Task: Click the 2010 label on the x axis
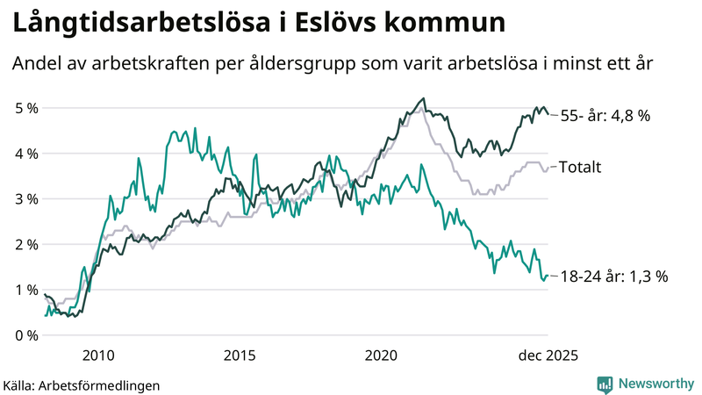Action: pyautogui.click(x=97, y=355)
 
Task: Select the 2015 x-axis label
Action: pyautogui.click(x=240, y=355)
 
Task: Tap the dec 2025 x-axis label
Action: pyautogui.click(x=548, y=355)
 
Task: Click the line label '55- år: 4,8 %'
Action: pyautogui.click(x=605, y=116)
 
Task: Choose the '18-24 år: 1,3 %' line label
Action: pyautogui.click(x=613, y=276)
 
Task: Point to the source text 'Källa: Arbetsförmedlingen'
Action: pyautogui.click(x=82, y=384)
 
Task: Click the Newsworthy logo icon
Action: pyautogui.click(x=605, y=384)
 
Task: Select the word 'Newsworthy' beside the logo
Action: pyautogui.click(x=654, y=384)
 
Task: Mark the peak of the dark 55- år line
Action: pyautogui.click(x=424, y=98)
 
